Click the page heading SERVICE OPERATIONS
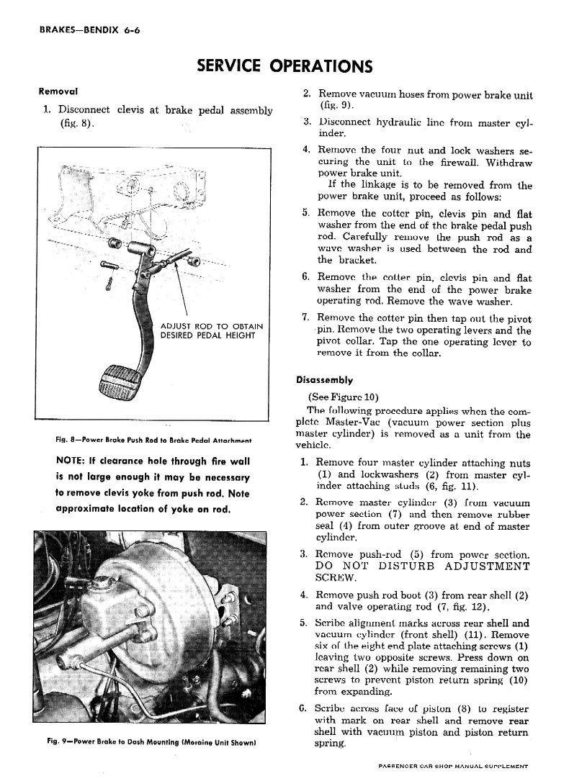[x=284, y=66]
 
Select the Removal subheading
[x=58, y=92]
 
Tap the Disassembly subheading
[x=324, y=379]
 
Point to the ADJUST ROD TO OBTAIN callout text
[x=211, y=326]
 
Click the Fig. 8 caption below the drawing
[x=149, y=440]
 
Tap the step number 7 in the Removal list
[x=305, y=318]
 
